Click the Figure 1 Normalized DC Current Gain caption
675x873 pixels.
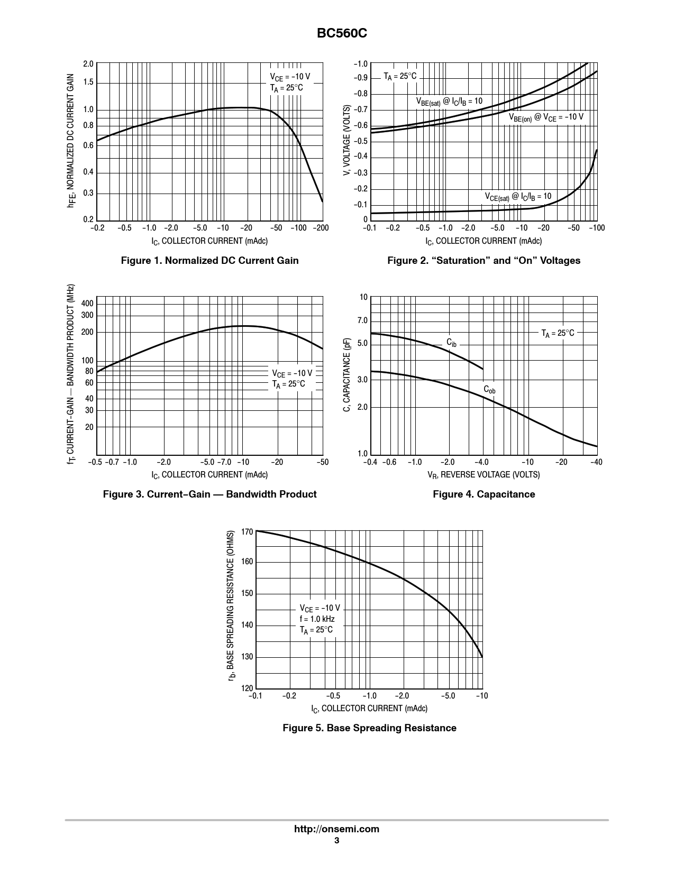tap(209, 260)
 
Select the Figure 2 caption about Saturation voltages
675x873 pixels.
tap(484, 260)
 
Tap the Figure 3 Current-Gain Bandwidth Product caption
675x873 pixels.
tap(209, 494)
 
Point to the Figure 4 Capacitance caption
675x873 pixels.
tap(484, 494)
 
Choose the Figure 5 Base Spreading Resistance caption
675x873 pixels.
tap(369, 728)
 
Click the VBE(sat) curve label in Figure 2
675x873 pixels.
tap(449, 101)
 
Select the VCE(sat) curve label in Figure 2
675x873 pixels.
tap(518, 197)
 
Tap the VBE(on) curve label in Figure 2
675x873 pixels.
tap(546, 117)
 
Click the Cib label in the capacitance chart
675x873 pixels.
tap(451, 343)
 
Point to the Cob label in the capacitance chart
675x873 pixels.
tap(489, 390)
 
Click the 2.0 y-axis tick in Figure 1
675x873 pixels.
tap(88, 64)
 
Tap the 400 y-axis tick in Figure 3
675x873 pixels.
tap(87, 303)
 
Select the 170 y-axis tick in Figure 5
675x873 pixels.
tap(247, 531)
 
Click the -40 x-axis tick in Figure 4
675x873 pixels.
tap(596, 462)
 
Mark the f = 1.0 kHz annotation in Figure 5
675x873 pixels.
tap(317, 619)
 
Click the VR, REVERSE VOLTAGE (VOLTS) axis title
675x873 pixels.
tap(484, 474)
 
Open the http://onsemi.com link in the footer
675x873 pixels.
tap(336, 829)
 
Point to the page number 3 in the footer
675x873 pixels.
tap(336, 841)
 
